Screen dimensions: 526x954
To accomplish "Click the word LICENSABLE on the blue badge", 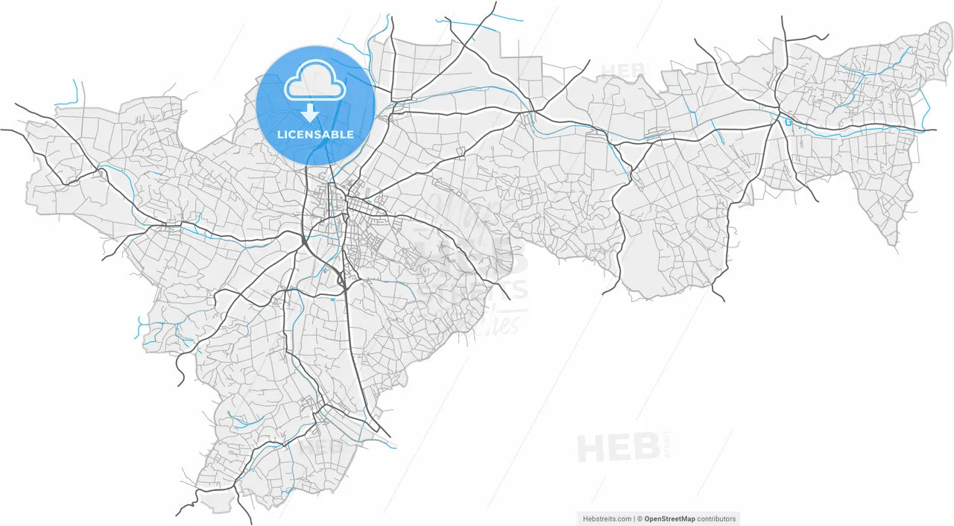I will click(315, 135).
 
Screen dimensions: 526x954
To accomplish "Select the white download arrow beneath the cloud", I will click(310, 113).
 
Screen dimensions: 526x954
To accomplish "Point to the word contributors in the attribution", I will click(716, 519).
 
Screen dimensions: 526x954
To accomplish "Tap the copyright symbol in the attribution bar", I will click(639, 519).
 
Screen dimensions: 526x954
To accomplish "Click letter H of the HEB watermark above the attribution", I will click(593, 448).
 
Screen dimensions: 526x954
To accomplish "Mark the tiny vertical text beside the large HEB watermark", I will click(668, 445).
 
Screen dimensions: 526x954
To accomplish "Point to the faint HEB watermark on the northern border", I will click(625, 69).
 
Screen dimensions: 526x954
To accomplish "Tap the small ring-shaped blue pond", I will click(788, 121).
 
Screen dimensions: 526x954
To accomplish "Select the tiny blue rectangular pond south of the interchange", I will click(335, 292).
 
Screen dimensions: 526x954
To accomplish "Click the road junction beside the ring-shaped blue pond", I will click(780, 120).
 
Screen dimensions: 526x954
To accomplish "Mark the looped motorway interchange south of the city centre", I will click(342, 280).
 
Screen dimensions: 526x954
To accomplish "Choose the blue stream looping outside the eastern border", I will click(925, 108).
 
